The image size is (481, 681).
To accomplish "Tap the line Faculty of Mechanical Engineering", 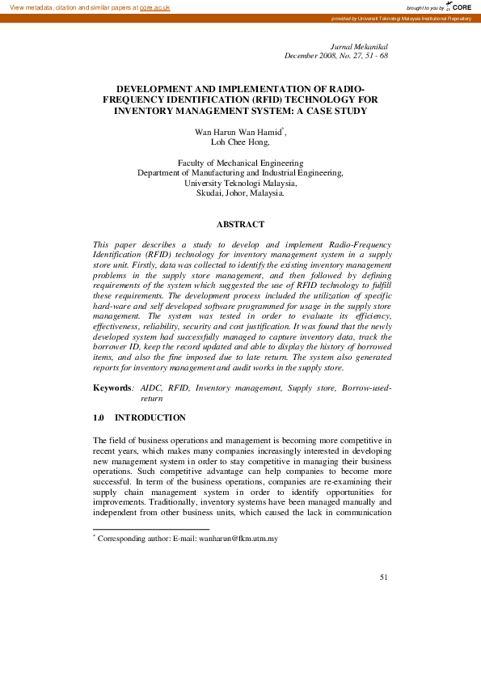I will [240, 163].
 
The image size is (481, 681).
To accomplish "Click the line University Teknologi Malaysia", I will [240, 183].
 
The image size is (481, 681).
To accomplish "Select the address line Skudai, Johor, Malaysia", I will [240, 193].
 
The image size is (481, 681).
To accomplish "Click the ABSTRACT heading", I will [240, 224].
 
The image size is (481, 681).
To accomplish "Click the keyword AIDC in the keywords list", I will [151, 388].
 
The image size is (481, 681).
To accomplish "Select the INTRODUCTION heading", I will [150, 417].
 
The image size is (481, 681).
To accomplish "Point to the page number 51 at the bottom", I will [383, 577].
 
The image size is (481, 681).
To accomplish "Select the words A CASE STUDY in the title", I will [331, 111].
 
